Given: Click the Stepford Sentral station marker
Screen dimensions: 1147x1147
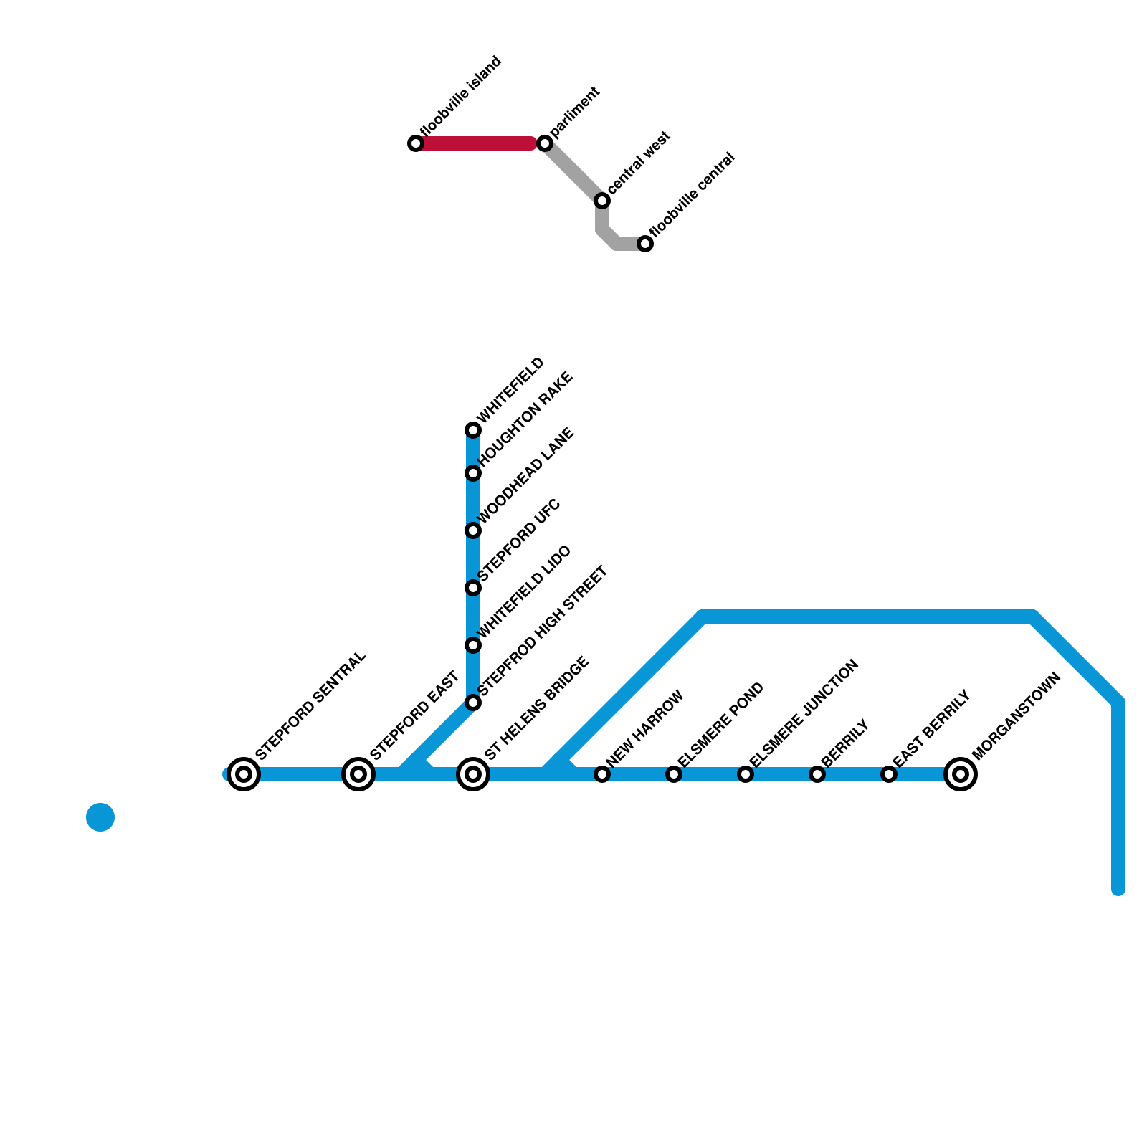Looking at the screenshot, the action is click(244, 774).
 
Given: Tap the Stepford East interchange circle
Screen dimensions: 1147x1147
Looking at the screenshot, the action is click(358, 774).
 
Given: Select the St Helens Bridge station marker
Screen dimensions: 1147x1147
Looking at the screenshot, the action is click(473, 774).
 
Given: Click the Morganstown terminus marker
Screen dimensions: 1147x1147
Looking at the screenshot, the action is click(961, 774).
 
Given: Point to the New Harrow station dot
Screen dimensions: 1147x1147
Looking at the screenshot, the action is click(602, 774).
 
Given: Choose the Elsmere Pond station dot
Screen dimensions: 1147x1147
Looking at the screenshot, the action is click(674, 774).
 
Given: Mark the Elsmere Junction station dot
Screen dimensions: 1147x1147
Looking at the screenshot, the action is click(746, 774).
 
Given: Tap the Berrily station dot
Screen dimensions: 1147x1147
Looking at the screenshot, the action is click(817, 774).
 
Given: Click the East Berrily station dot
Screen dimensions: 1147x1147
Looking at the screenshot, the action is click(889, 774).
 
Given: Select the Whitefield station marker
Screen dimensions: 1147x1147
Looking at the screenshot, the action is click(473, 430).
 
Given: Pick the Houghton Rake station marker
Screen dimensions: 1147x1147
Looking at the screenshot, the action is click(473, 473).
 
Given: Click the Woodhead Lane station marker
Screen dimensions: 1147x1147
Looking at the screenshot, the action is click(473, 530).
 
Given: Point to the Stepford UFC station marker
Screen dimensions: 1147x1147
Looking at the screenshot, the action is click(473, 588).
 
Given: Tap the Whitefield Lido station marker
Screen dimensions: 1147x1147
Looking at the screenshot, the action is click(473, 645).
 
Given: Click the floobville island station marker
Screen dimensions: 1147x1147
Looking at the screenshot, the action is click(416, 143).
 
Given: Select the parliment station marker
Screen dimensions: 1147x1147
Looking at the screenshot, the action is click(545, 143).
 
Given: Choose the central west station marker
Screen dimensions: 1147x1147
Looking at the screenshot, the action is click(602, 201).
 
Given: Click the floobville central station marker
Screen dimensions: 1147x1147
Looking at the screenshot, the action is click(645, 244).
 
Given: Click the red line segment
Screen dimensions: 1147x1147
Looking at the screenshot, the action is click(480, 143).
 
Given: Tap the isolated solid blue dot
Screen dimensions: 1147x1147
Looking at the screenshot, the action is click(100, 817).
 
